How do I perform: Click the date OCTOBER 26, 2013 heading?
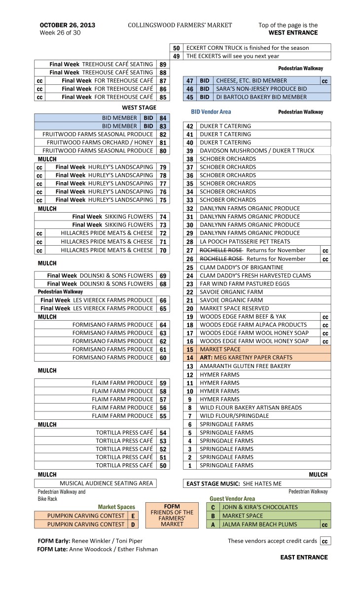pos(68,25)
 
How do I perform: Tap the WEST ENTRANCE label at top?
pos(293,33)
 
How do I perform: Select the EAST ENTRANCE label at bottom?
pos(304,557)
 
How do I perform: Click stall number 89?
pos(163,65)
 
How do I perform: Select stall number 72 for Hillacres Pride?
pos(163,233)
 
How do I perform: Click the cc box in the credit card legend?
pos(325,541)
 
